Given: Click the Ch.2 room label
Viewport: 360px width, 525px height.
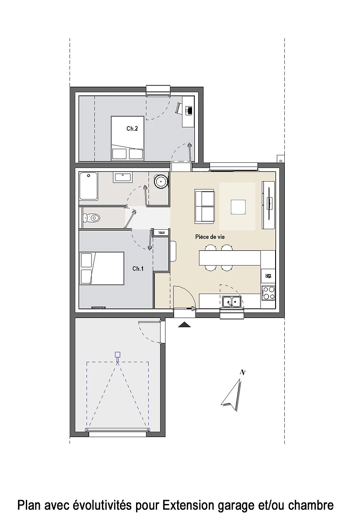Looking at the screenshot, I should pos(133,129).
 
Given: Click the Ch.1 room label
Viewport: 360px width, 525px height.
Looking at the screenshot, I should pos(138,269).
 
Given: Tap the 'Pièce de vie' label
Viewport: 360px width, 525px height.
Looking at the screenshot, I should pos(210,237).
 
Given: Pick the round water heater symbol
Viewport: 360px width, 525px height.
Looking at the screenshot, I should pos(161,181).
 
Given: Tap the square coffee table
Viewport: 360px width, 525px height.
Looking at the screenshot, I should pos(238,206).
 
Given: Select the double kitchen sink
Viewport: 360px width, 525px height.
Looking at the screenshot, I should pos(231,301).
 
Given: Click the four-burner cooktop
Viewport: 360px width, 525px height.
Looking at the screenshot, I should pos(268,292).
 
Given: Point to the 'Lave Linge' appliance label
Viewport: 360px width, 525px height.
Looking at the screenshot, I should pos(268,276).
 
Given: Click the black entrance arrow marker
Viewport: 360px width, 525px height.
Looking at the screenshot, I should pos(185,325).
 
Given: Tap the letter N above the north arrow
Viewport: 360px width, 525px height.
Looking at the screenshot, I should pos(242,372).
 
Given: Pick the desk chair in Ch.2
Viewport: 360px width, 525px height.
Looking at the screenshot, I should pos(179,108).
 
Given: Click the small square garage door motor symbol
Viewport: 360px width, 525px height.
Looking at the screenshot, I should pos(117,354).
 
